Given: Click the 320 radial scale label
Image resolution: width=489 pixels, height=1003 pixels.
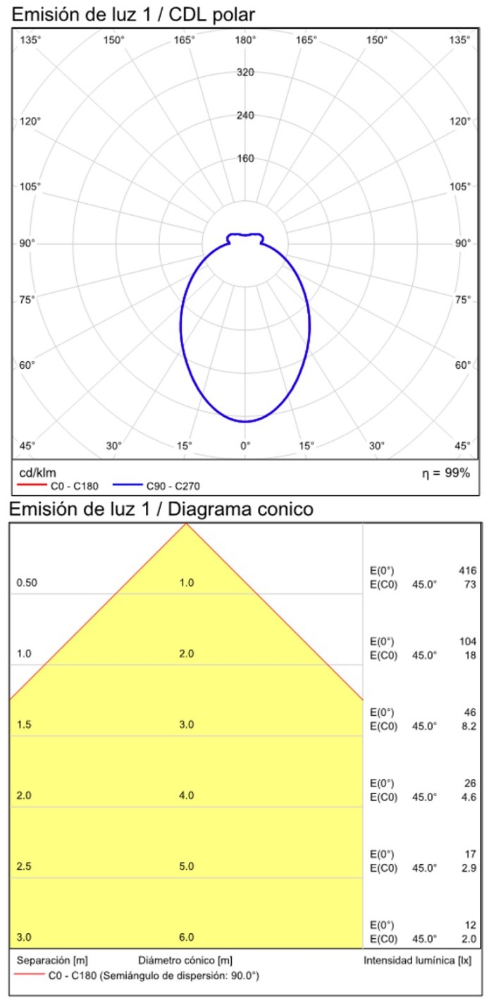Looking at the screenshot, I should [x=245, y=73].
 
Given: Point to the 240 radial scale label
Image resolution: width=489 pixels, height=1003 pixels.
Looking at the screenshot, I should [x=245, y=116].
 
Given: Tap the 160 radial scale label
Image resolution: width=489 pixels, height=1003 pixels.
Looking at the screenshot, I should [x=245, y=159].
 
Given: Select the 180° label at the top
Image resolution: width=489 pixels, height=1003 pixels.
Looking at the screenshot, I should [x=245, y=40].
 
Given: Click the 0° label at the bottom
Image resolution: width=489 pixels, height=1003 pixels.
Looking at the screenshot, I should [x=245, y=446].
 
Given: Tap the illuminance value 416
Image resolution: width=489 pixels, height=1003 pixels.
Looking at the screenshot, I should [x=467, y=571].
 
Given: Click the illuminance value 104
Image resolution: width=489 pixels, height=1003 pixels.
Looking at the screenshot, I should [x=467, y=642].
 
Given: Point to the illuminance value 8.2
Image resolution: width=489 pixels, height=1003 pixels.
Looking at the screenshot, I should [x=469, y=725].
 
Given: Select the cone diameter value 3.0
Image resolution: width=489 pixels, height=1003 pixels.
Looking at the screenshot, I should [x=187, y=725].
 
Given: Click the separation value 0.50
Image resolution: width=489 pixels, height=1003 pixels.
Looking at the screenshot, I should [x=27, y=583].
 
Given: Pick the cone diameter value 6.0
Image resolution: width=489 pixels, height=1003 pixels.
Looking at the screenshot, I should [x=187, y=938].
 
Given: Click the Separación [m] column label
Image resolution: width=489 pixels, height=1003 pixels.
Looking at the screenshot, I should [x=52, y=961].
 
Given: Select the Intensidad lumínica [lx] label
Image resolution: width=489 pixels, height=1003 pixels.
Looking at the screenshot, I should [x=418, y=961].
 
